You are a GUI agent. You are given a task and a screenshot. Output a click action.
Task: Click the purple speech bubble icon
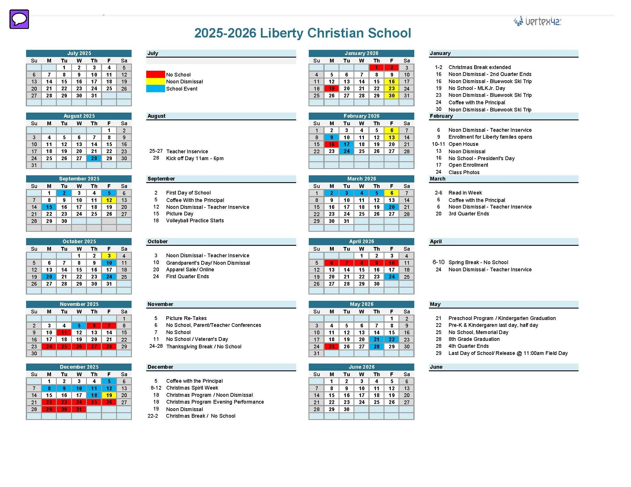point(19,19)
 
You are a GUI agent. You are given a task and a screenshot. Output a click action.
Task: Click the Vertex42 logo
point(537,21)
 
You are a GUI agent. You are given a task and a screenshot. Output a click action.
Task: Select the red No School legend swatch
point(155,74)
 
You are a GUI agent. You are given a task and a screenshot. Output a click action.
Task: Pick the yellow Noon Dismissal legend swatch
point(155,81)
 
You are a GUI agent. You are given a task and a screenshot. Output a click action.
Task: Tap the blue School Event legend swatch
point(155,89)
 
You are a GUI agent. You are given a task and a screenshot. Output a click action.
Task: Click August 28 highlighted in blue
point(94,158)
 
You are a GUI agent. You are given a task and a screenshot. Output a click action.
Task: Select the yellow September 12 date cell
point(109,200)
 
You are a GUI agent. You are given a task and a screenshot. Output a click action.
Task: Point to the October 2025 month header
point(79,241)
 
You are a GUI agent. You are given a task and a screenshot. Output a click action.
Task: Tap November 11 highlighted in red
point(64,332)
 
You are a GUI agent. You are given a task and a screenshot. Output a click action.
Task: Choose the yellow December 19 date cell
point(109,395)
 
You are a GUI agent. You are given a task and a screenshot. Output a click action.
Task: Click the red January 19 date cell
point(331,88)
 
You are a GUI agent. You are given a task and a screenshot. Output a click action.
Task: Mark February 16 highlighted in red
point(331,144)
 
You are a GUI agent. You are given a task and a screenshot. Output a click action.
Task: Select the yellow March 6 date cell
point(392,193)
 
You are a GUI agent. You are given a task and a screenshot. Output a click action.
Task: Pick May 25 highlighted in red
point(331,346)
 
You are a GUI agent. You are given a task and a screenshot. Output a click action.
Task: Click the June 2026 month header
point(361,367)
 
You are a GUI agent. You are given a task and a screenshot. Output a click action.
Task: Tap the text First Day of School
point(188,193)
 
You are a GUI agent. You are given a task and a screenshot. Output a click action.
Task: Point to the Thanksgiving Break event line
point(203,346)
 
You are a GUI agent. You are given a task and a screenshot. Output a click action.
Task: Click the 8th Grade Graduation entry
point(474,339)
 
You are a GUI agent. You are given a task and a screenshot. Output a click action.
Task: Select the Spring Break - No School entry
point(478,262)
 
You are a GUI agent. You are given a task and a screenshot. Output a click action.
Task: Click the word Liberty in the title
point(282,33)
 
